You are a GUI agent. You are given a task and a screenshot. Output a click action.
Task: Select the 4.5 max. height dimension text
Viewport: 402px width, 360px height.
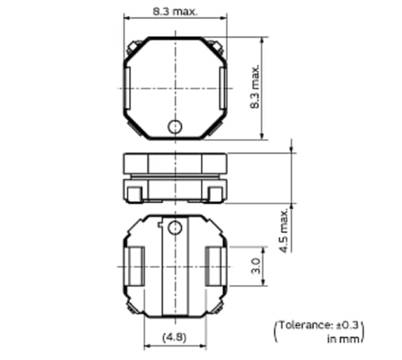pos(285,230)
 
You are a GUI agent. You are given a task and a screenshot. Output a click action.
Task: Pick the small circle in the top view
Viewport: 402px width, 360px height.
pos(175,126)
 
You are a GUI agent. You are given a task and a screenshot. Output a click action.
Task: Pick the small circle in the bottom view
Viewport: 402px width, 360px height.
pos(175,228)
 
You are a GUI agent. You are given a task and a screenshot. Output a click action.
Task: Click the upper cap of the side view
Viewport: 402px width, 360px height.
pos(175,163)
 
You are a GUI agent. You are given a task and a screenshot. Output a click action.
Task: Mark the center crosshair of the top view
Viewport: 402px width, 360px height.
pos(175,88)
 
